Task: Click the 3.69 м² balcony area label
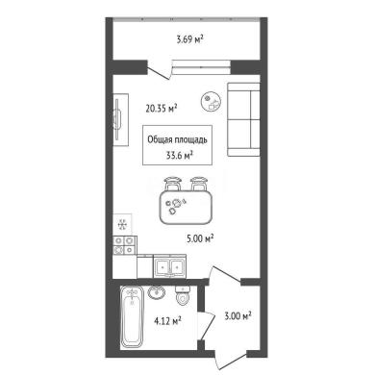click(190, 39)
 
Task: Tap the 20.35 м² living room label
click(162, 109)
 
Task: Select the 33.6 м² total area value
click(179, 156)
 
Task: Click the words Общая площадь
click(177, 139)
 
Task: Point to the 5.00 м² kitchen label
click(200, 238)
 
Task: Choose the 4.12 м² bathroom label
click(168, 320)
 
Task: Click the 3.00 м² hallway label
click(237, 316)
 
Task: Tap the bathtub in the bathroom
click(131, 317)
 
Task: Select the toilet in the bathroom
click(183, 295)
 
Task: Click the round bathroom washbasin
click(157, 292)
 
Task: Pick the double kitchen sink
click(170, 266)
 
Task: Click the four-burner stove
click(125, 245)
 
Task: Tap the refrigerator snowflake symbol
click(122, 224)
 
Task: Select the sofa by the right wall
click(243, 119)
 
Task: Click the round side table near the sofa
click(212, 101)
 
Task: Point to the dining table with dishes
click(187, 208)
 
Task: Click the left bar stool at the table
click(173, 184)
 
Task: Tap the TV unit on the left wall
click(121, 119)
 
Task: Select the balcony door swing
click(158, 70)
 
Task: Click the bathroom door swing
click(206, 325)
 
